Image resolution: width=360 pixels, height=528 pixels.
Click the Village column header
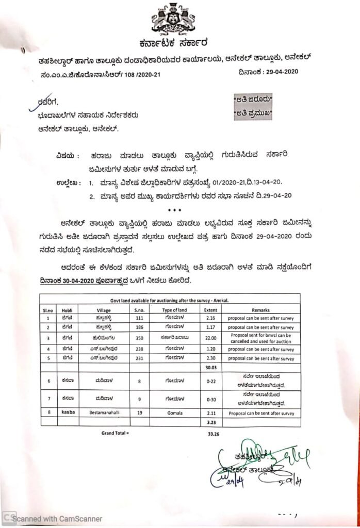(x=104, y=310)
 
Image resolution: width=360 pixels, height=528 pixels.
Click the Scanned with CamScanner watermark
(x=57, y=518)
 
